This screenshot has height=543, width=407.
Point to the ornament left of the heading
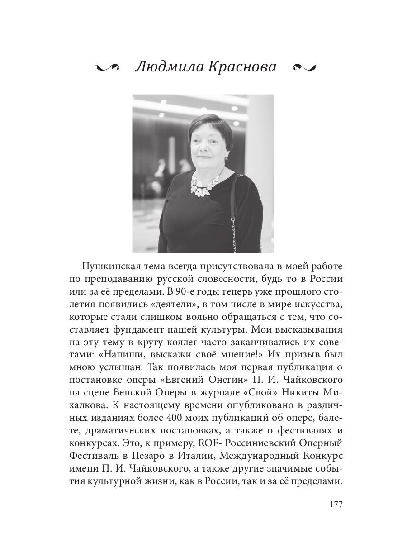click(109, 67)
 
